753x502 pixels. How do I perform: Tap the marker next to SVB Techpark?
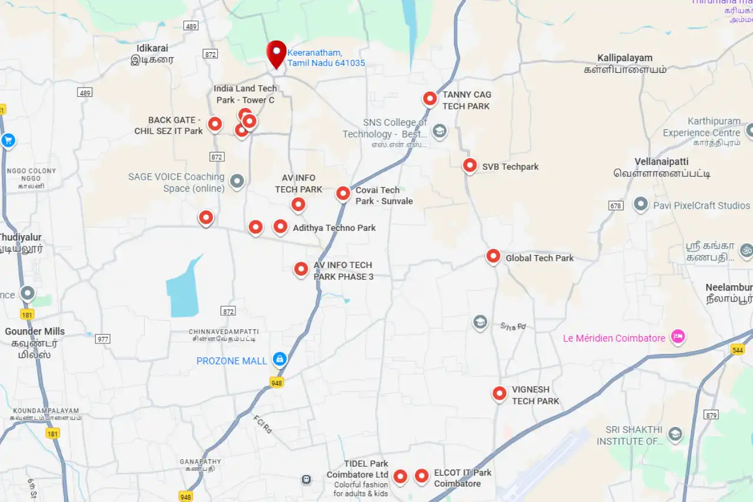click(x=469, y=165)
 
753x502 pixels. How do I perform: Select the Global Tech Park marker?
click(x=493, y=256)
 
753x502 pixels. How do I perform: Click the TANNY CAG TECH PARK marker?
click(x=430, y=98)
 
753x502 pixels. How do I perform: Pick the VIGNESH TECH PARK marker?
click(x=499, y=393)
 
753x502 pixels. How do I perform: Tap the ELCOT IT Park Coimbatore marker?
click(x=422, y=476)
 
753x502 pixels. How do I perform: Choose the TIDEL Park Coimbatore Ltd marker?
click(x=400, y=476)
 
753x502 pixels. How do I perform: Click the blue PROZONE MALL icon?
click(x=279, y=359)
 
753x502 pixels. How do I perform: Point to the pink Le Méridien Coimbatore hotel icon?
click(x=678, y=337)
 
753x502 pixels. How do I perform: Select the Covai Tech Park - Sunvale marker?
click(x=343, y=193)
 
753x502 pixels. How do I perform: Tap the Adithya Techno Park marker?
click(x=281, y=226)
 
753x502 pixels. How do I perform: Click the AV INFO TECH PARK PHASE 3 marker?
click(x=301, y=269)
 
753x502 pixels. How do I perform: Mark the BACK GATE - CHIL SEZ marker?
click(x=215, y=123)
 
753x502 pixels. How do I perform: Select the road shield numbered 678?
click(x=616, y=206)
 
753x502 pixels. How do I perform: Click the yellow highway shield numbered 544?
click(x=738, y=350)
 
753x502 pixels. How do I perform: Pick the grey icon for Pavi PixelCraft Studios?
click(x=641, y=205)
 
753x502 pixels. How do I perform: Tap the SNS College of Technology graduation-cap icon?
click(x=439, y=130)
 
